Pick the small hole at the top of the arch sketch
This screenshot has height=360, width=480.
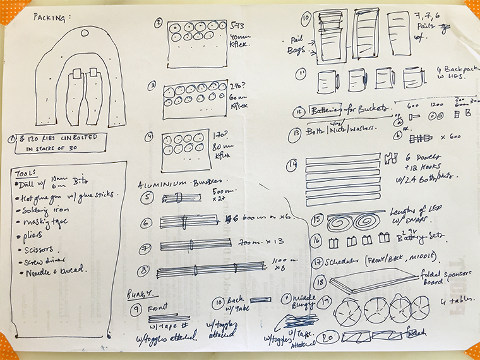pyautogui.click(x=85, y=32)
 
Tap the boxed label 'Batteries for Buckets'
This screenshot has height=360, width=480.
pyautogui.click(x=352, y=111)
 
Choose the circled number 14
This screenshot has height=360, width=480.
pyautogui.click(x=292, y=165)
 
